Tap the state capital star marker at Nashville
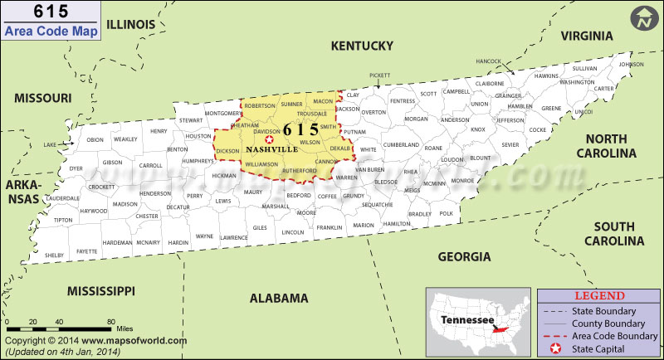268,140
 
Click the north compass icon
642,18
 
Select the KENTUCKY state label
361,45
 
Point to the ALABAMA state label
279,298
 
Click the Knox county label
478,129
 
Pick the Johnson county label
631,64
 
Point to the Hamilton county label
397,224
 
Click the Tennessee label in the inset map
461,319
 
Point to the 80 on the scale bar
110,319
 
